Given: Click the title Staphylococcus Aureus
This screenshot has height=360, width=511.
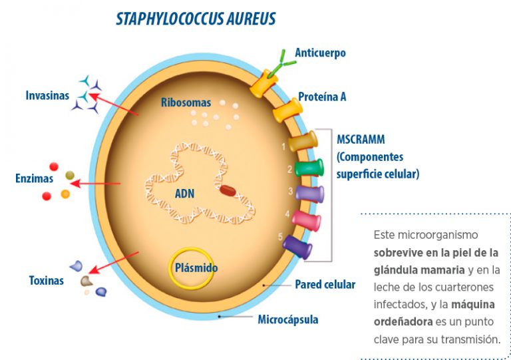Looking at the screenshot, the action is [x=196, y=19].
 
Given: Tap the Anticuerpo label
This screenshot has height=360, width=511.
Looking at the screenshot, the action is [x=320, y=53].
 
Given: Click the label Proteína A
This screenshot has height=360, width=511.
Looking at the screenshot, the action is [x=322, y=96].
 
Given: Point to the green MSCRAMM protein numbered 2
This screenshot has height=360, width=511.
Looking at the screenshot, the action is [x=309, y=168].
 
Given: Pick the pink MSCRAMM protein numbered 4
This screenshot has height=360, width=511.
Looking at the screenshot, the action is [x=306, y=220].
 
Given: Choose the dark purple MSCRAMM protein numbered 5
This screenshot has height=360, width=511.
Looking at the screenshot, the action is [x=297, y=248].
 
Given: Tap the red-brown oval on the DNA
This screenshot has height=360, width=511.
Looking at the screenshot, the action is [x=228, y=190].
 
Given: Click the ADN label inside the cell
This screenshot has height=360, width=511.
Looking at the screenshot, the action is [x=184, y=194].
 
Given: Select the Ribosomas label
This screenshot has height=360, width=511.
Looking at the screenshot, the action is [x=186, y=102].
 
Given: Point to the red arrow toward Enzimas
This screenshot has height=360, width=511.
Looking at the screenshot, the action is [x=95, y=184].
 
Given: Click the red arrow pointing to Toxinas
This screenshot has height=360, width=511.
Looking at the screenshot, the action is [x=113, y=263].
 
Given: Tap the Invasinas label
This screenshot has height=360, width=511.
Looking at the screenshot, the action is [x=47, y=95].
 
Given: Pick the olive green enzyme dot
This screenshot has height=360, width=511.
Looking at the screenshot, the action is [x=70, y=175].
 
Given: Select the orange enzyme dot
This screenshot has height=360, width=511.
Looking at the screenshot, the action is [x=65, y=194].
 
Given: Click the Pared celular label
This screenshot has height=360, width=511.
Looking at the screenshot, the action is [x=325, y=284].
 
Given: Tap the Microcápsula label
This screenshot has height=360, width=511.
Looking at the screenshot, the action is [x=288, y=319].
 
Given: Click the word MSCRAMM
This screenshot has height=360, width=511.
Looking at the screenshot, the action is [x=361, y=140].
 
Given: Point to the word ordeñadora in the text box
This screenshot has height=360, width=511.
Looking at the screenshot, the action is [x=403, y=321].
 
